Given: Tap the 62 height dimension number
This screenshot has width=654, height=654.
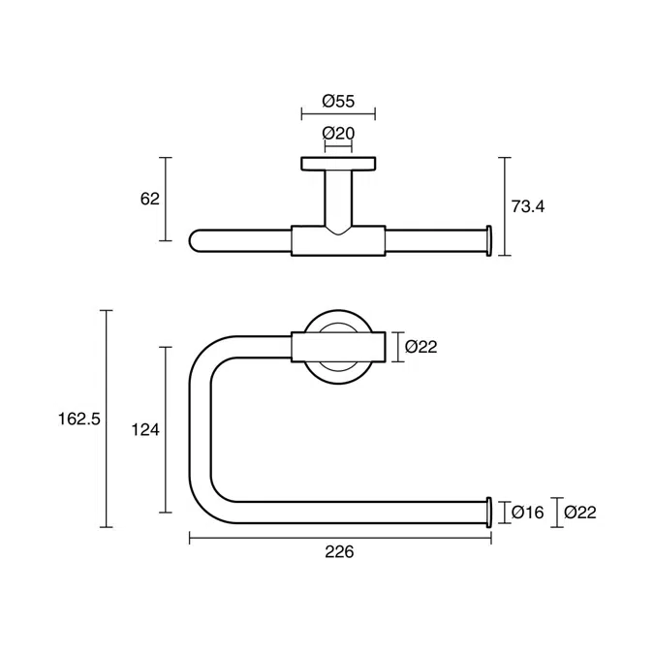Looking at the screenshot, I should (149, 199).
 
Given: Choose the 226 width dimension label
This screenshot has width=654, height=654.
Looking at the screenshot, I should (338, 552).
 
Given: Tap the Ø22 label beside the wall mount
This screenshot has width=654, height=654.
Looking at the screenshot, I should (421, 346).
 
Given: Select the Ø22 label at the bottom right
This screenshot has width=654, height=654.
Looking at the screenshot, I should (580, 512).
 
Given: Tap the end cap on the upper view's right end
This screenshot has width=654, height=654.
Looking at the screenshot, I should (489, 239).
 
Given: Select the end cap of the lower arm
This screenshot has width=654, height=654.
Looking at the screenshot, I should (489, 511).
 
